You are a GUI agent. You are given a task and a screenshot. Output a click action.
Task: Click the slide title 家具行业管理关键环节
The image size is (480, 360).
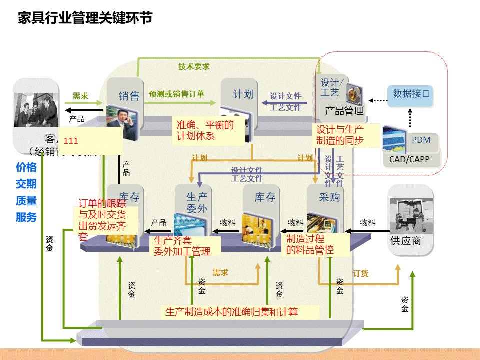point(85,18)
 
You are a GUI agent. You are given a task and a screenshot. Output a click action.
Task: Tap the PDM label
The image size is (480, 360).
point(421,140)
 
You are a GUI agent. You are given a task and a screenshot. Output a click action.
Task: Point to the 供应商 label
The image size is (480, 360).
point(405,241)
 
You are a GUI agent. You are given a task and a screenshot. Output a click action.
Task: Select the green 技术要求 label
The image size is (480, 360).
point(194,66)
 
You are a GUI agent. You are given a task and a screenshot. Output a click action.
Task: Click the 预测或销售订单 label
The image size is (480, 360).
point(176,94)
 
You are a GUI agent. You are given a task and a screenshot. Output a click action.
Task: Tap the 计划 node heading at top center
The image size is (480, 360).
point(243,94)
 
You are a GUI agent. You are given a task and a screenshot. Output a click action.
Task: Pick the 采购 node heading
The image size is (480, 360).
point(329,197)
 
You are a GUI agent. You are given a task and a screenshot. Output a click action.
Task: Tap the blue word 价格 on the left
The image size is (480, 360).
point(26,168)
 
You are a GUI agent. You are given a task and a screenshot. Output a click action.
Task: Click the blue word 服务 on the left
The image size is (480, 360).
point(26,217)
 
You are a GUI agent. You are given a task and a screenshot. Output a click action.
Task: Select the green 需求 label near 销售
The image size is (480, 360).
point(80,96)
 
